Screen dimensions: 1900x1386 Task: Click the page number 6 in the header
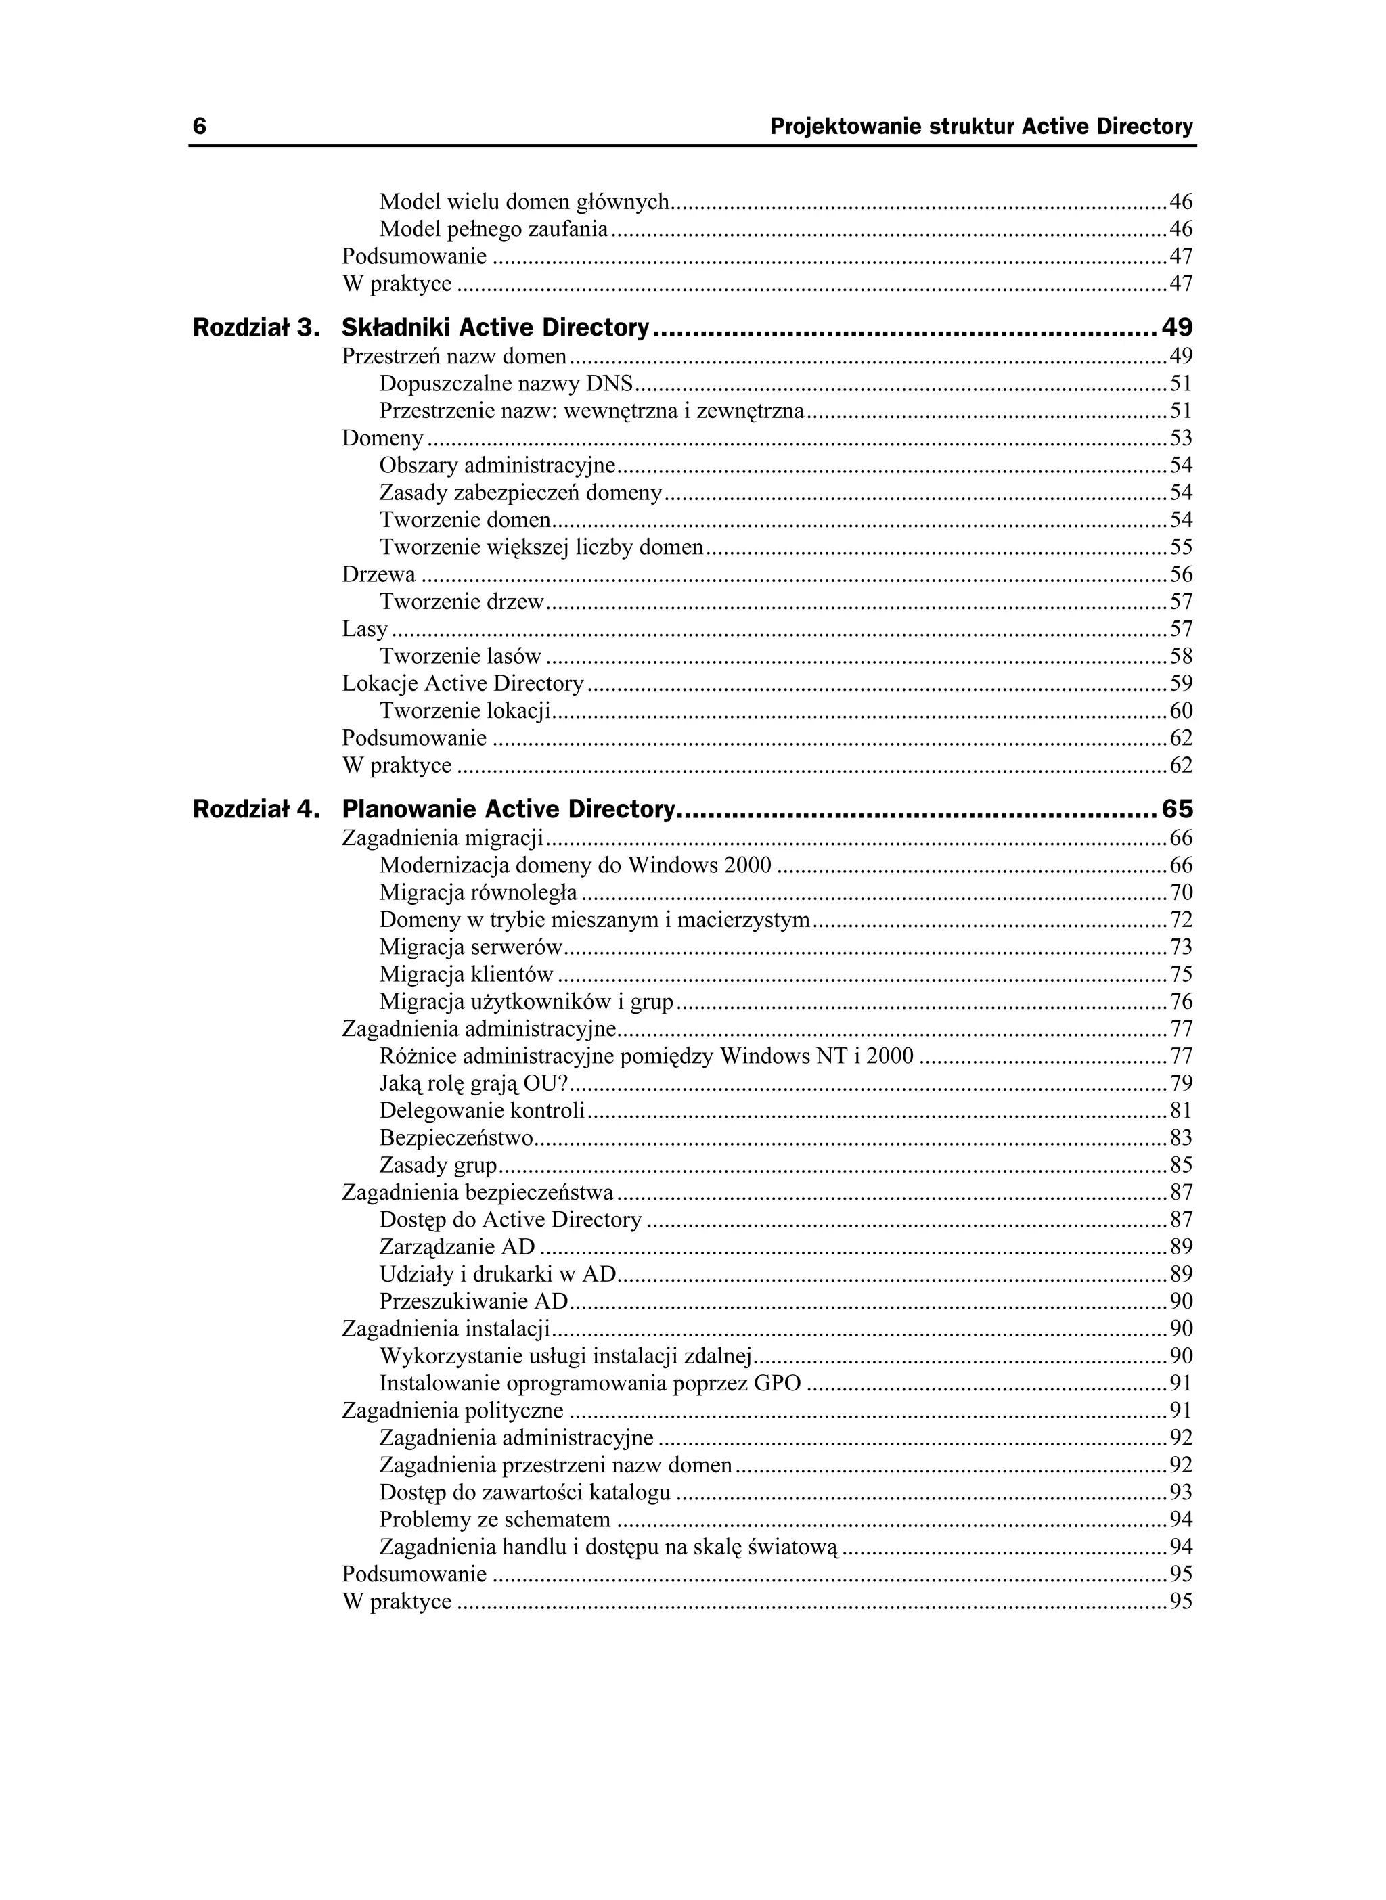tap(200, 127)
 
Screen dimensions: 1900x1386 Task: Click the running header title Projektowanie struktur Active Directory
tap(981, 127)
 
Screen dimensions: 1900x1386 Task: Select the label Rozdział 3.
tap(256, 327)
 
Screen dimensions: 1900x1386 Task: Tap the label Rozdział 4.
tap(256, 809)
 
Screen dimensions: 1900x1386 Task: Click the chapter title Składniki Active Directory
tap(496, 327)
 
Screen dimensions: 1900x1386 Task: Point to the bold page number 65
tap(1176, 809)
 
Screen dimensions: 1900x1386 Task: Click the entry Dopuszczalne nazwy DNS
tap(506, 384)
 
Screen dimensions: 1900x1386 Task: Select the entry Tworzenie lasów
tap(460, 656)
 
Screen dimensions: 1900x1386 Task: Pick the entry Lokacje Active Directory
tap(462, 683)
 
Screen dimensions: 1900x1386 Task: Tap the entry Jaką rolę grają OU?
tap(473, 1083)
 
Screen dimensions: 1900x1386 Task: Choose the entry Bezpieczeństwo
tap(456, 1137)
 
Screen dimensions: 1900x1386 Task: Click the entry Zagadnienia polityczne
tap(452, 1410)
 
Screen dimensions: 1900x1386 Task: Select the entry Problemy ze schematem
tap(494, 1519)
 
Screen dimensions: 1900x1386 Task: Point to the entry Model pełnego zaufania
tap(493, 228)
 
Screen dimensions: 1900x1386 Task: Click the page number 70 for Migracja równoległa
tap(1180, 892)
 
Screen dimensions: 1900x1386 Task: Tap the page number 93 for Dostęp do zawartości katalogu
tap(1180, 1492)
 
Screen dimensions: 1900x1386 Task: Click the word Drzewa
tap(378, 574)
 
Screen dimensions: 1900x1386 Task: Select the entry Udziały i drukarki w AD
tap(497, 1273)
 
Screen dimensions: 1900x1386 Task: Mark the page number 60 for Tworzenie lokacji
tap(1180, 710)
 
